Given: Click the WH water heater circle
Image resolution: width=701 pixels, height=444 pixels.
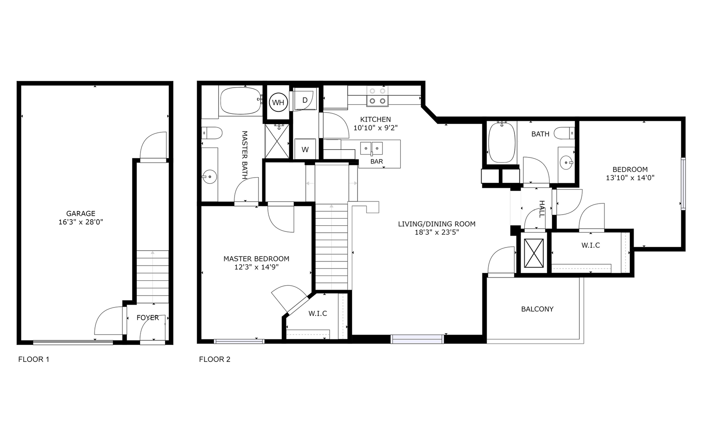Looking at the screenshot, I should point(278,102).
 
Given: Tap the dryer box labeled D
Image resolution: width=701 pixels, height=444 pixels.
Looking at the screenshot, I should point(305,100).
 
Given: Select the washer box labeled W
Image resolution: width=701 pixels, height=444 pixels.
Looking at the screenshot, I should point(305,150).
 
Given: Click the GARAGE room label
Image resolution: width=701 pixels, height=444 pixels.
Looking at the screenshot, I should point(81,213).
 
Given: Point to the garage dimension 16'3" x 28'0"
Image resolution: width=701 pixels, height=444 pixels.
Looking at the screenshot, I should point(81,222).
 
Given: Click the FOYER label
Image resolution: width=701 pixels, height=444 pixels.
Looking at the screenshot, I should point(148,318).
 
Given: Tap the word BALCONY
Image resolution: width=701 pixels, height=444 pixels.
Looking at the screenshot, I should point(537,309).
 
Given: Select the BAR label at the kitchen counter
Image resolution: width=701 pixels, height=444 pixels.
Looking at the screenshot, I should point(376,162).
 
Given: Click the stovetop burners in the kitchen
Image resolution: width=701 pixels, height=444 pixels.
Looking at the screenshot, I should point(377,95).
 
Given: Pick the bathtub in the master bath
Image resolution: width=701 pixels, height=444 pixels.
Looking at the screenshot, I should point(240,101).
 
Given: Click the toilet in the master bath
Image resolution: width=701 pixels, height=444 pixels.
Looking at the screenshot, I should point(212,133).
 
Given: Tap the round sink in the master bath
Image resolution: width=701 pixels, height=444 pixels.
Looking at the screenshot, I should point(210,177).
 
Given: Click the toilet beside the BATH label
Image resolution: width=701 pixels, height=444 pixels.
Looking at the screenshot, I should point(563,133).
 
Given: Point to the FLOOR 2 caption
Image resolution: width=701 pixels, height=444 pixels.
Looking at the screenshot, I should point(214,359).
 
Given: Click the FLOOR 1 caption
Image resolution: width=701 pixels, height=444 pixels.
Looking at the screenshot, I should point(34,359).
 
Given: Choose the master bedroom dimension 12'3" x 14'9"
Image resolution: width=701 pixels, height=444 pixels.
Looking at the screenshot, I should point(256,267).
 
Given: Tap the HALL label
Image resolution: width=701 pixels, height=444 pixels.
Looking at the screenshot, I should point(542,209).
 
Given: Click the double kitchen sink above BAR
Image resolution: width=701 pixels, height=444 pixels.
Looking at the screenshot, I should point(371,148).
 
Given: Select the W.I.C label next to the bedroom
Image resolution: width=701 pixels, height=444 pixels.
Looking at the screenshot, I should point(590,245).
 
